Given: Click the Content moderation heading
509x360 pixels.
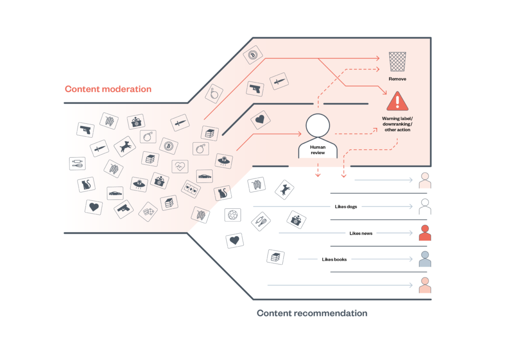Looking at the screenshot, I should click(x=108, y=90).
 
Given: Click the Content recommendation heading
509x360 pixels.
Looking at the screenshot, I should click(x=312, y=313).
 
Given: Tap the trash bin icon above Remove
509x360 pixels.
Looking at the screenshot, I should click(x=397, y=64).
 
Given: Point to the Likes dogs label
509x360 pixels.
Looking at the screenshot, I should click(x=346, y=206).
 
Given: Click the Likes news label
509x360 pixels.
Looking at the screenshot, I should click(x=361, y=233).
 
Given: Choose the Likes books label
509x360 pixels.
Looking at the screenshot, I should click(x=334, y=259).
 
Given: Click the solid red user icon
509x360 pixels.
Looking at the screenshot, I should click(x=424, y=232).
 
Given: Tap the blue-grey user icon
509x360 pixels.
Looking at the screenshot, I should click(x=424, y=259).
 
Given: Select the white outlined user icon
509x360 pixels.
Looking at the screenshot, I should click(x=424, y=206).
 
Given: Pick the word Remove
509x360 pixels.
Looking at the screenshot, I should click(x=397, y=79).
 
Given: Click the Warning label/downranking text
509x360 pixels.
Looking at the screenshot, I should click(x=397, y=124).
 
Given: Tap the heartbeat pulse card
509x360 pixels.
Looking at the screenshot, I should click(x=180, y=166).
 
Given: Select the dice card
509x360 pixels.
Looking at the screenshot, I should click(x=148, y=211).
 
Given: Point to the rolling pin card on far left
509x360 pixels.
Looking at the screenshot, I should click(x=78, y=163).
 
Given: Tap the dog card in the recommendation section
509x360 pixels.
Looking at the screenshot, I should click(x=284, y=189).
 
